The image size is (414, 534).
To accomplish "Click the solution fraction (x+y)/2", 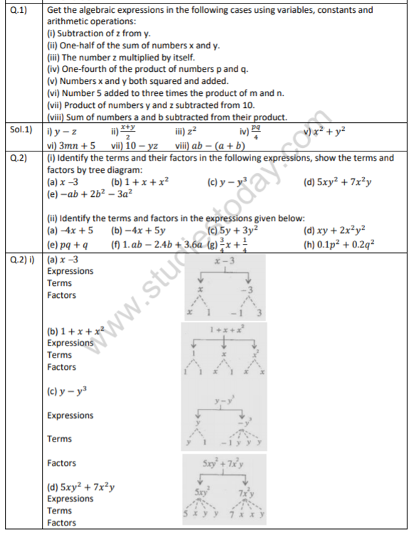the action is pyautogui.click(x=128, y=130).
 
